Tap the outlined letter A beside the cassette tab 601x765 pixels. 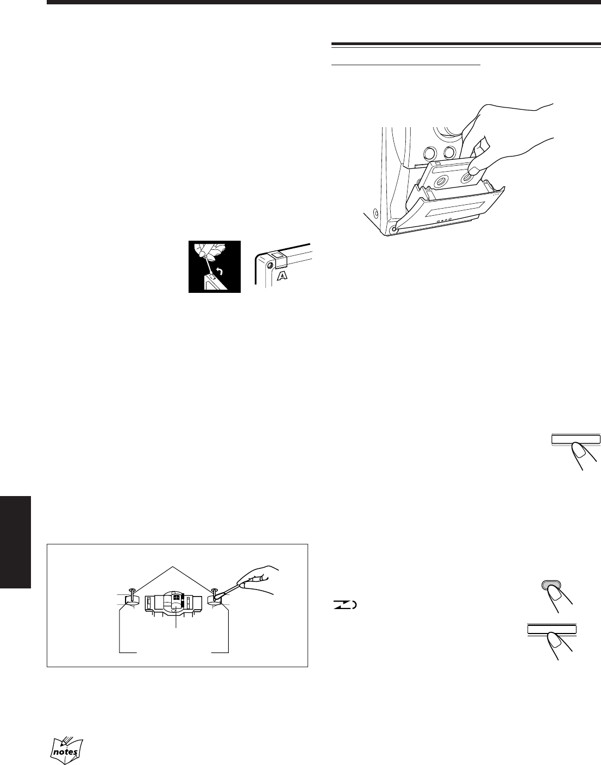click(x=283, y=275)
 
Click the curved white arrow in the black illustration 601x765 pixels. click(x=220, y=271)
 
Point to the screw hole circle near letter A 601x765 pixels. click(x=270, y=265)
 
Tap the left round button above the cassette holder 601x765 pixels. click(x=430, y=153)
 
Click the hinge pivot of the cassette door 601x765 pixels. click(x=393, y=230)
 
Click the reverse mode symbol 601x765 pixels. click(x=345, y=605)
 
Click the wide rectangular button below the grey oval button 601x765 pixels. click(x=552, y=629)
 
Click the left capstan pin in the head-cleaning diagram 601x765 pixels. click(x=132, y=594)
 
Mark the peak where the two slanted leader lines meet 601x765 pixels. click(x=173, y=567)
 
